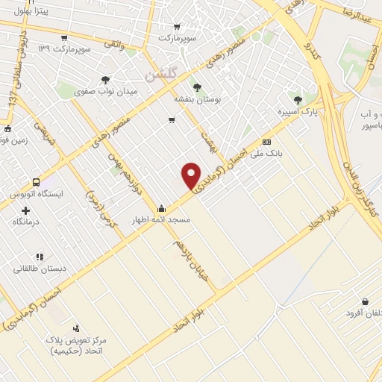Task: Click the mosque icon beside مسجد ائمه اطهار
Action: pyautogui.click(x=161, y=209)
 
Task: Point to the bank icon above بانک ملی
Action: pyautogui.click(x=266, y=142)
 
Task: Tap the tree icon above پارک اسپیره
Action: pyautogui.click(x=298, y=99)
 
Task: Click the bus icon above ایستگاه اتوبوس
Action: pyautogui.click(x=36, y=182)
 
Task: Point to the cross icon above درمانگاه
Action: pyautogui.click(x=26, y=210)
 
